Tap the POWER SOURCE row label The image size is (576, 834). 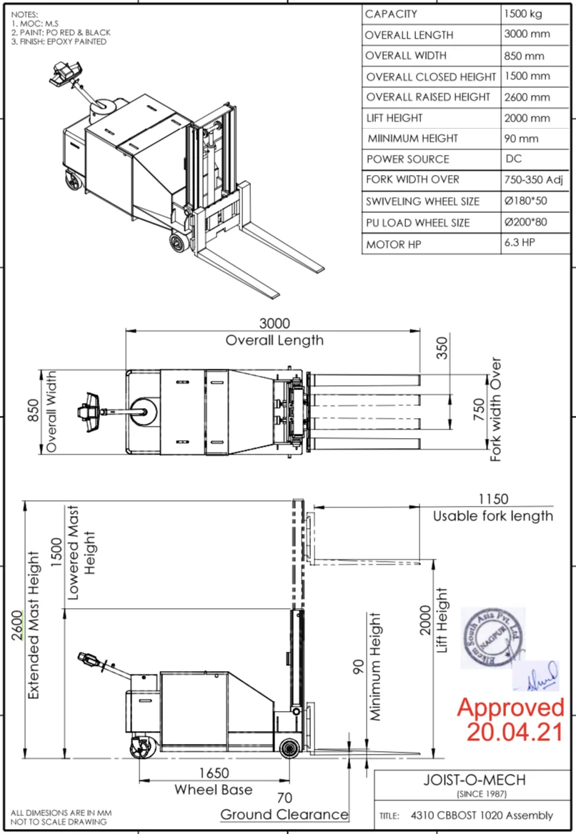tap(407, 159)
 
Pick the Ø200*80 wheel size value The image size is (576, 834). tap(525, 222)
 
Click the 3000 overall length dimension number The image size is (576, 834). tap(275, 324)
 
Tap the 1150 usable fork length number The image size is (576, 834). tap(493, 499)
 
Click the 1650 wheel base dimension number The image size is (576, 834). tap(213, 773)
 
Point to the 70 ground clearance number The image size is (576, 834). tap(284, 798)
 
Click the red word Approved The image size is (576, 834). tap(510, 708)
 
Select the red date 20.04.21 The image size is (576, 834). tap(515, 731)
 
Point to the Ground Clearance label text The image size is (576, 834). tap(284, 815)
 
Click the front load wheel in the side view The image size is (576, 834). tap(289, 748)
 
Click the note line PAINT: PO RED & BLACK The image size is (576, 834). tap(61, 33)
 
